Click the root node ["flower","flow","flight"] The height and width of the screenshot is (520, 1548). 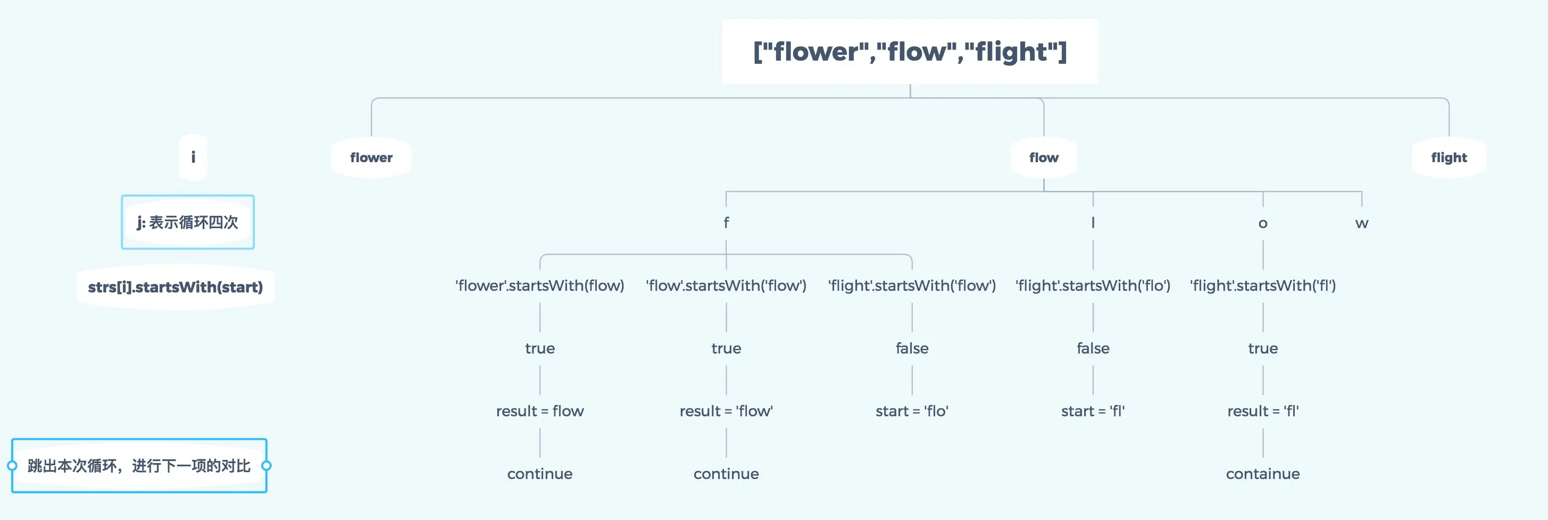(x=910, y=52)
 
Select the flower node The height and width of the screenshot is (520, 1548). (x=371, y=157)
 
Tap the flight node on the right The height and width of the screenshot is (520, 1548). (x=1449, y=157)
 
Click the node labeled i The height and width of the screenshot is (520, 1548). (x=193, y=157)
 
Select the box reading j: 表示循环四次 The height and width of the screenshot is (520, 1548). (x=187, y=222)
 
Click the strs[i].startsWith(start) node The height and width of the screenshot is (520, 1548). (x=176, y=287)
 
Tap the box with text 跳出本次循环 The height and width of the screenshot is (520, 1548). (x=139, y=466)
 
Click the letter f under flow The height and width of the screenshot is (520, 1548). (x=726, y=223)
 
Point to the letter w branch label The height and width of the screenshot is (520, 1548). (x=1362, y=223)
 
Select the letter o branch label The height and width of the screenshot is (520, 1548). (x=1262, y=223)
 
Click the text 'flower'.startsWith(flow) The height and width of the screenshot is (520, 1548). (x=539, y=286)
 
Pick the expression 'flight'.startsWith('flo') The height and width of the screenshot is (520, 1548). (x=1093, y=286)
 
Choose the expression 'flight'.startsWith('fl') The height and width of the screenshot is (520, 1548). (x=1262, y=286)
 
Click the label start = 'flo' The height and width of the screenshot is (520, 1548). (x=912, y=412)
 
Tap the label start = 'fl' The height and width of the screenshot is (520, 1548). (x=1093, y=412)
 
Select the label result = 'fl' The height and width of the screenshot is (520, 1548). (x=1262, y=412)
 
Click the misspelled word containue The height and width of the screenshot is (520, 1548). (x=1262, y=474)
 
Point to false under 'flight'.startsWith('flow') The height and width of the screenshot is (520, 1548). (x=912, y=348)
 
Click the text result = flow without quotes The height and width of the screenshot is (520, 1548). (x=539, y=412)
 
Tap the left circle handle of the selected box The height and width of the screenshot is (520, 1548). (x=12, y=466)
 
